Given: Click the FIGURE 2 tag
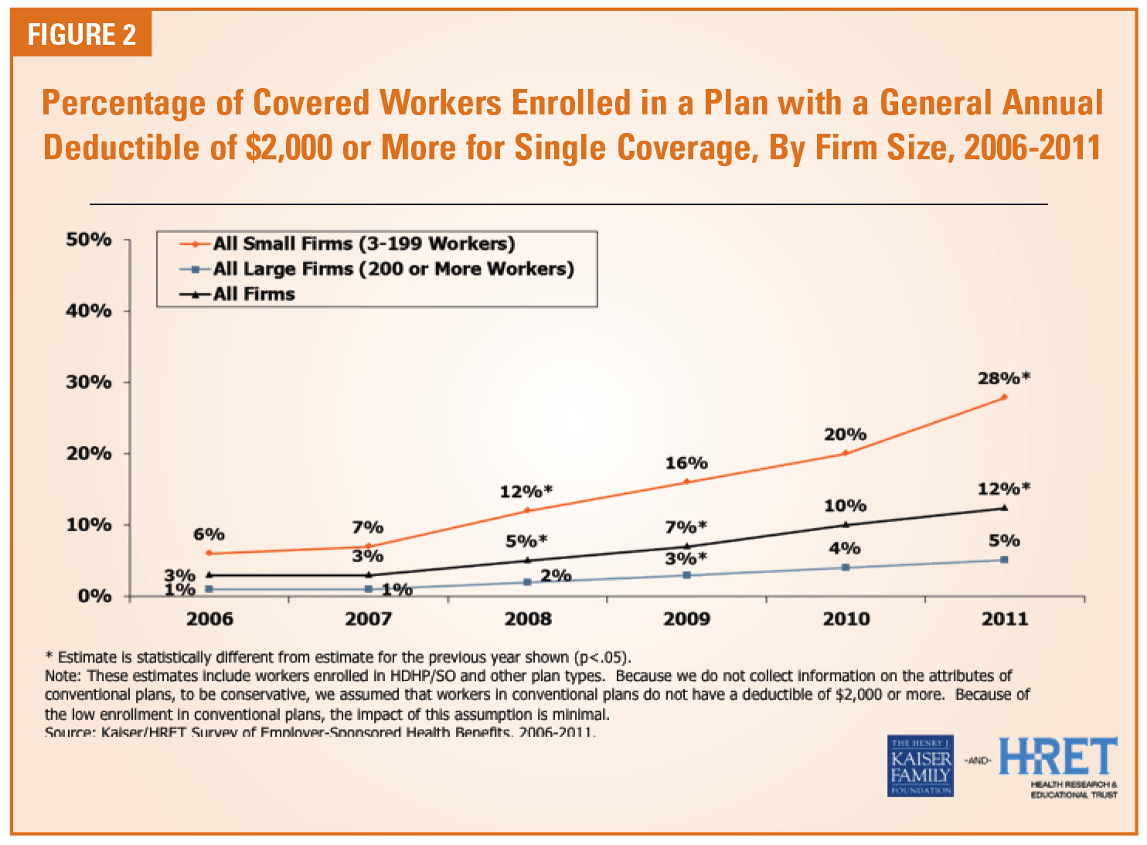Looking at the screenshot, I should (81, 35).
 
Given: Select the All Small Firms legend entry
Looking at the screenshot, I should (363, 244).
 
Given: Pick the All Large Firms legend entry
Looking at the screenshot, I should (393, 269).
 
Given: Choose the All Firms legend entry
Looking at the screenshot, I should (254, 295).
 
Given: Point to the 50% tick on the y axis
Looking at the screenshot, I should (89, 240).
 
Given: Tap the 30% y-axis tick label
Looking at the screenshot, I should (89, 383).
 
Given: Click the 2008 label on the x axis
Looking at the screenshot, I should (528, 619).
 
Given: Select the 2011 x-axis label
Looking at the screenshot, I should (1005, 619).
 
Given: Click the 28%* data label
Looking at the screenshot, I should (1004, 379).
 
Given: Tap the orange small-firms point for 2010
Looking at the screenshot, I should (846, 453).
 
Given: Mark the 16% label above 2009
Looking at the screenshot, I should (686, 464).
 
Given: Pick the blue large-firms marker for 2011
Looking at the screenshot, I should (1004, 560).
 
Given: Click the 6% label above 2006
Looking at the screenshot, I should (209, 535).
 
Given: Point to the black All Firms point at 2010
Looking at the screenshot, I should (846, 524).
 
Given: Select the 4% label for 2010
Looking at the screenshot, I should (845, 549).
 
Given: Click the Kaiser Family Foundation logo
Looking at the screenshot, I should (920, 766).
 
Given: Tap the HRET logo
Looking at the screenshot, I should (1058, 758).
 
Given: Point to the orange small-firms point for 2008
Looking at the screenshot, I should (527, 510).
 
